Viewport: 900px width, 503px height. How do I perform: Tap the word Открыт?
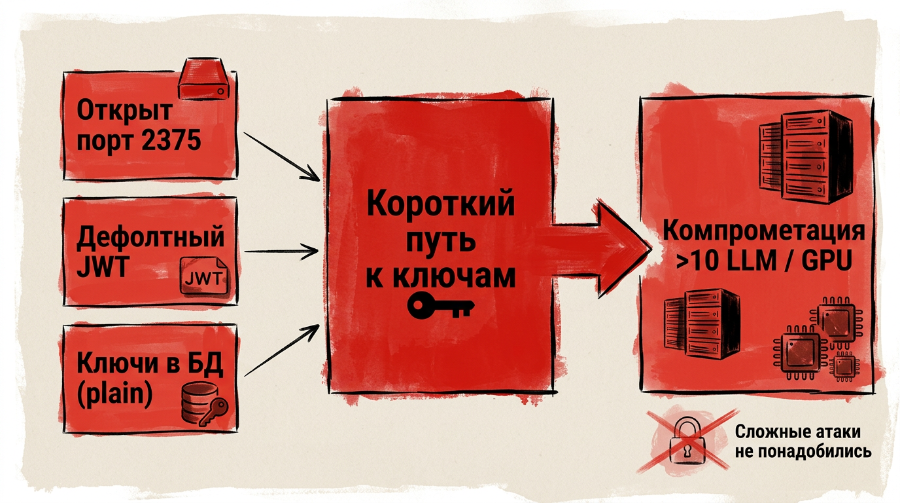point(124,110)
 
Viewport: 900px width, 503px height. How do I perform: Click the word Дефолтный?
point(150,237)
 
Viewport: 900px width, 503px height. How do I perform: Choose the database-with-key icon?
point(205,404)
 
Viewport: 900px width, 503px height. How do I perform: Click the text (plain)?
point(115,394)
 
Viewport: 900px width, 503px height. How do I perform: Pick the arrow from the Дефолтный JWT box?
point(281,251)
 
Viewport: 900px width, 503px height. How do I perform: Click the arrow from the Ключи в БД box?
point(282,350)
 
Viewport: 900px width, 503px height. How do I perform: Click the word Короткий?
point(441,204)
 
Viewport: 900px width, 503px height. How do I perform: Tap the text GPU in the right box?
point(827,261)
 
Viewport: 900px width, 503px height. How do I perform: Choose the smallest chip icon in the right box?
point(845,365)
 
